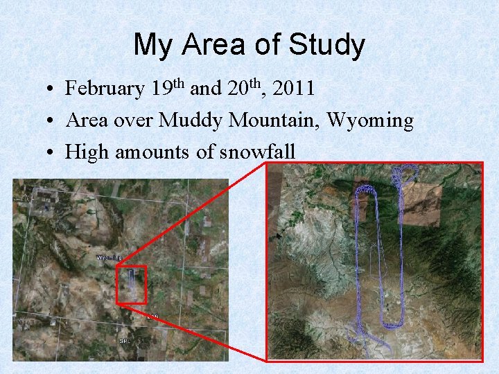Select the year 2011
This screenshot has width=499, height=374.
click(x=295, y=89)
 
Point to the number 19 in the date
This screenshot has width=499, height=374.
click(x=161, y=89)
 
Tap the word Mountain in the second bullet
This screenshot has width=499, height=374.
click(x=273, y=121)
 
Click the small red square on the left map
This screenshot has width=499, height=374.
click(x=131, y=284)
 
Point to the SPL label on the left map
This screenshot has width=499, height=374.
click(x=125, y=341)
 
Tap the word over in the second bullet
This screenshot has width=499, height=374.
click(x=133, y=121)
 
